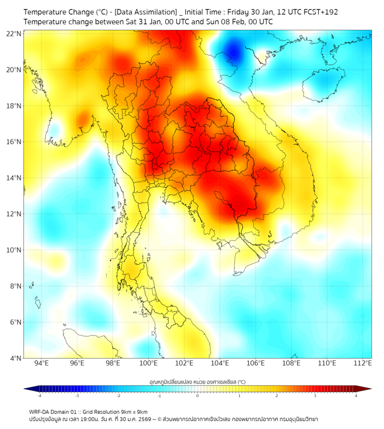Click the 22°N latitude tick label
pos(14,33)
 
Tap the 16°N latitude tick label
pos(14,142)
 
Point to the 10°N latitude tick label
pos(14,250)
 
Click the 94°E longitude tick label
pos(41,364)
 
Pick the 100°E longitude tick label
pos(149,364)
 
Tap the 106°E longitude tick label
pos(256,364)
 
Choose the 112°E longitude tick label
pos(363,364)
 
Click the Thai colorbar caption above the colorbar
pos(197,381)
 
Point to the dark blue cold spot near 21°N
pos(233,53)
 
